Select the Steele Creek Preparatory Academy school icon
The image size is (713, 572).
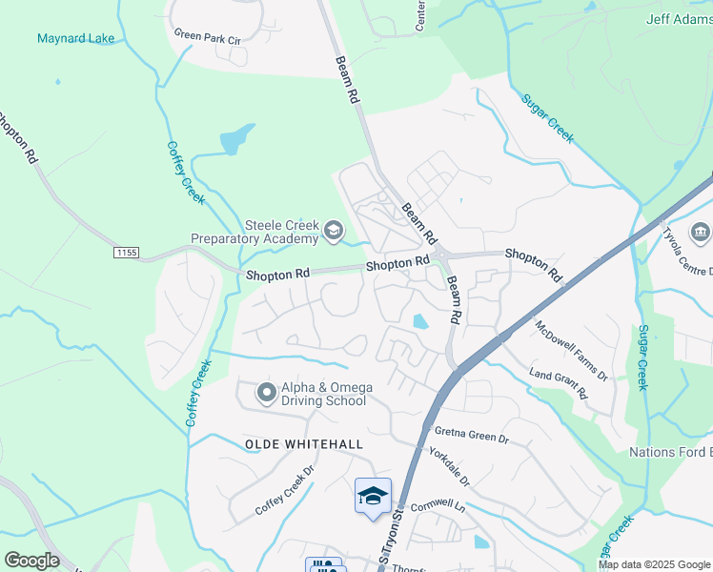(333, 230)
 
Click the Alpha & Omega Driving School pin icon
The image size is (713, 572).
(267, 392)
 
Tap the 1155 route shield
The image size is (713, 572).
(126, 252)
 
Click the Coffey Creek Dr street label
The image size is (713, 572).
(285, 491)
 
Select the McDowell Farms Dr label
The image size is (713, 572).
(571, 351)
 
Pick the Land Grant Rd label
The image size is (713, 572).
(560, 386)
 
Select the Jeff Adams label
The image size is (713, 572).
(680, 18)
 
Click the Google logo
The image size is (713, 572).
(31, 561)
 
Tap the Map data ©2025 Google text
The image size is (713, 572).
(653, 564)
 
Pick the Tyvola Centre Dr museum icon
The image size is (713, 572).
(700, 233)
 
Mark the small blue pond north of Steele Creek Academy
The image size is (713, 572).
(237, 139)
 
